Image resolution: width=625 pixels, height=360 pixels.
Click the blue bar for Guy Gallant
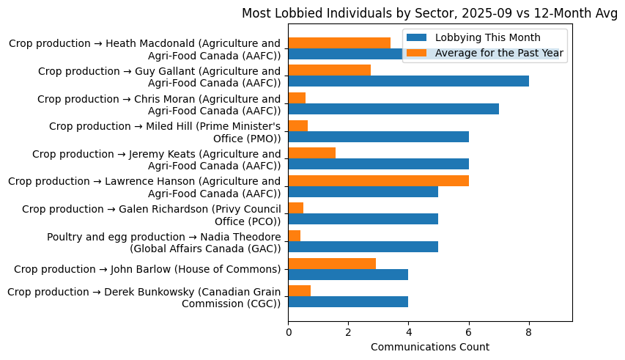408,81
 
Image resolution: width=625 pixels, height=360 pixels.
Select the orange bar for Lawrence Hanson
378,180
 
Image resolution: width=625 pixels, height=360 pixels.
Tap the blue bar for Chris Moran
393,109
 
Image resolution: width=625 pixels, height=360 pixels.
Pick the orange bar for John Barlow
332,263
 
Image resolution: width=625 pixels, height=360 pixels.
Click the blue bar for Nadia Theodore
363,246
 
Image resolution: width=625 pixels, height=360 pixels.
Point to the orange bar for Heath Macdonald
339,43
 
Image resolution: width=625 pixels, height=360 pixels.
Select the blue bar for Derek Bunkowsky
348,301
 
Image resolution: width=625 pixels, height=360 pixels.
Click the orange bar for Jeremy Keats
312,153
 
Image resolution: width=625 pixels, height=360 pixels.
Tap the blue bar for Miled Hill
378,136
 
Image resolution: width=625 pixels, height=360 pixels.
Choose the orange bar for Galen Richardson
296,207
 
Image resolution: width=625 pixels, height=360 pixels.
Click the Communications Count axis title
430,347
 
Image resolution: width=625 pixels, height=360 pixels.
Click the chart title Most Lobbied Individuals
430,13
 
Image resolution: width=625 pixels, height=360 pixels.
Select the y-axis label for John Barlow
147,268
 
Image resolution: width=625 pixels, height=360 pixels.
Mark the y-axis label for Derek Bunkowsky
144,298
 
